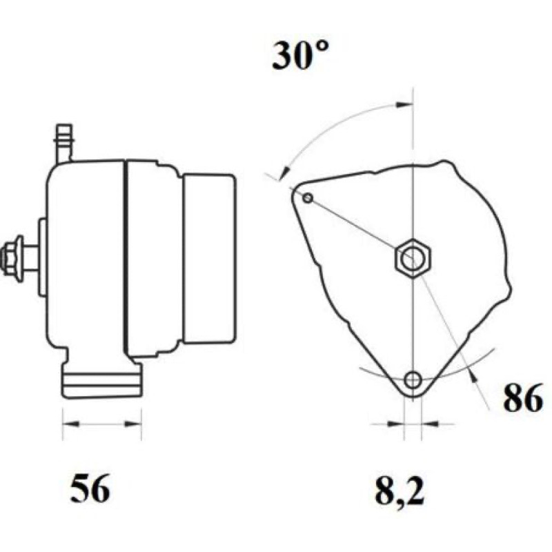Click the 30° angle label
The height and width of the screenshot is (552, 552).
300,56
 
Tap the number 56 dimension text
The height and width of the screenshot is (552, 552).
90,489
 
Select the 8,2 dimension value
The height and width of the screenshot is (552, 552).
400,490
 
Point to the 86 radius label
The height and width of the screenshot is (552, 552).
523,398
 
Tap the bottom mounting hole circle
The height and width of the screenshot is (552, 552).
413,380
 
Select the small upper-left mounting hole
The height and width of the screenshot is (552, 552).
308,198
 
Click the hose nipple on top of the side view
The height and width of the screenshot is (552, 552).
64,143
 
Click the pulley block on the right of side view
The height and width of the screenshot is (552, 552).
210,258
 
